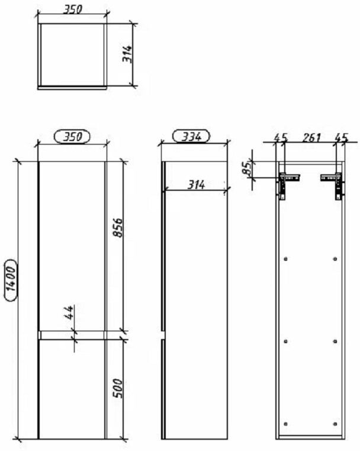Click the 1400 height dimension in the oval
click(x=11, y=280)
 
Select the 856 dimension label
click(x=117, y=228)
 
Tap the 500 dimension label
click(x=117, y=388)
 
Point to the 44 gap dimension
click(x=69, y=312)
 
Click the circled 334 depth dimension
click(x=191, y=136)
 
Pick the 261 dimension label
click(x=311, y=137)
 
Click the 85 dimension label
click(x=247, y=168)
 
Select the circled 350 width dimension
click(x=72, y=136)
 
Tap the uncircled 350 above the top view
click(x=72, y=9)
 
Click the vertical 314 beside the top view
click(x=127, y=54)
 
